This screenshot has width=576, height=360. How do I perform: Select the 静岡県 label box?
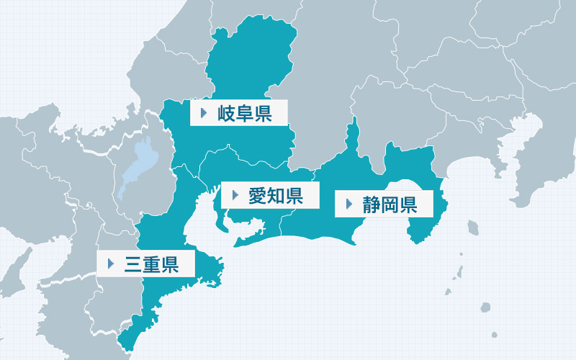[x=386, y=204]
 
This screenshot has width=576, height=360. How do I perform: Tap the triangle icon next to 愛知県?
[x=235, y=195]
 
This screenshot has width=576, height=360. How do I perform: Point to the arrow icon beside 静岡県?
[x=349, y=204]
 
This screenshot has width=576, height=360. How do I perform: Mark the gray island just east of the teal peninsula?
[x=473, y=228]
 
